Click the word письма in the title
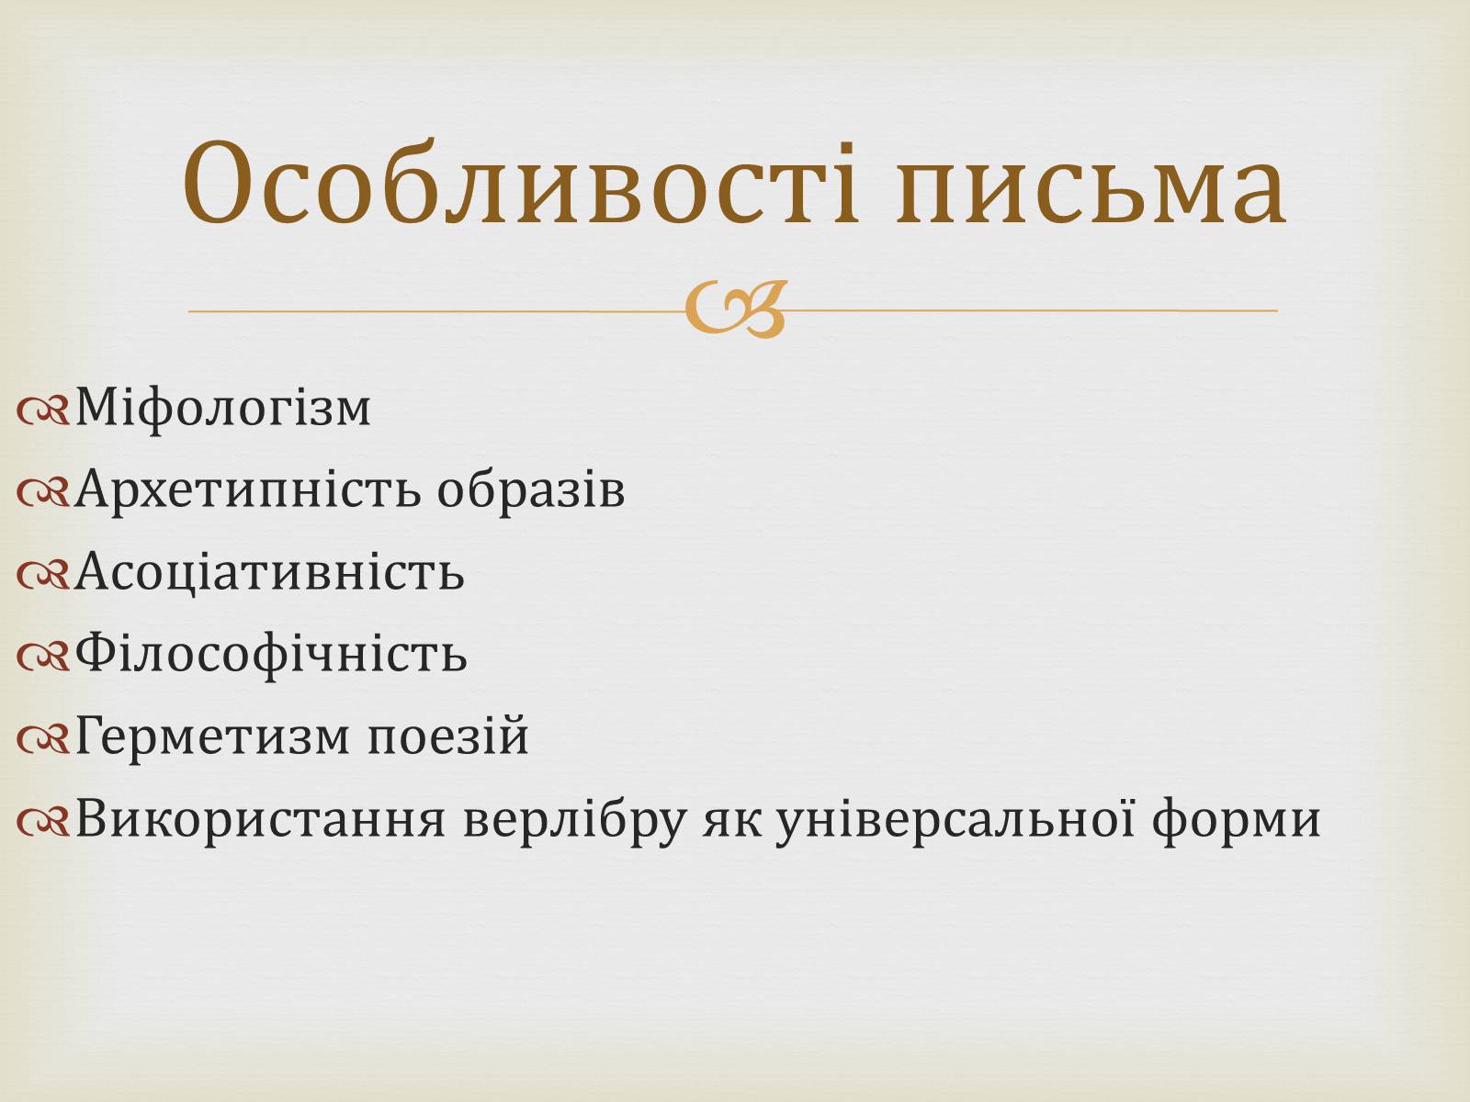pos(1091,188)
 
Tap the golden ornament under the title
pos(735,309)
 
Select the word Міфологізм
pos(223,408)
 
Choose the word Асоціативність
pos(269,572)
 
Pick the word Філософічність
pos(271,654)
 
